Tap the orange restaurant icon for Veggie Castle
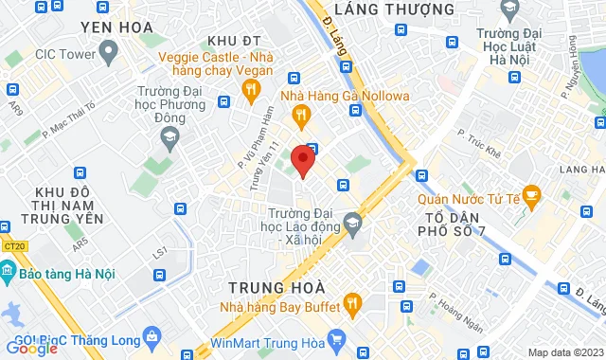coord(251,91)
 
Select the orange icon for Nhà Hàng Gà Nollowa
coord(301,117)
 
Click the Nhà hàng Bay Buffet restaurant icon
coord(353,303)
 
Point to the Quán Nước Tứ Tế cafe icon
coord(530,198)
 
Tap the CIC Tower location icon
coord(108,52)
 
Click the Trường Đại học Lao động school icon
coord(353,223)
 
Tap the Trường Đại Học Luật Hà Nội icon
coord(510,11)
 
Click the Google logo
coord(31,348)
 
